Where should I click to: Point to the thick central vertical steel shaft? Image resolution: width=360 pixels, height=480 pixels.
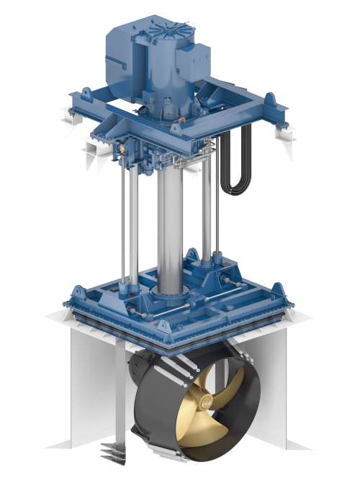[x=169, y=230]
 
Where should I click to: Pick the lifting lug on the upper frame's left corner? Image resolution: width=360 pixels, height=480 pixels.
[x=86, y=96]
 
